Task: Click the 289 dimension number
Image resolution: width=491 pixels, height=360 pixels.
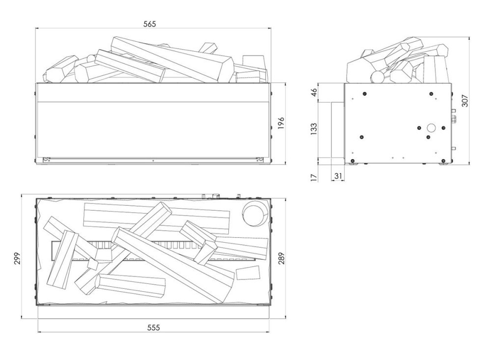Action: coord(280,255)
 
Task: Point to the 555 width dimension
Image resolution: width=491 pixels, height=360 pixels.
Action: coord(153,328)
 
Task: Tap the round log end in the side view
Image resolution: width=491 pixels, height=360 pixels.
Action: coord(378,77)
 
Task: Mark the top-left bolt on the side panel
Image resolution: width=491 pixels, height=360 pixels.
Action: coord(364,94)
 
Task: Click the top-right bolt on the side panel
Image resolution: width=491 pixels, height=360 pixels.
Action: coord(431,94)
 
